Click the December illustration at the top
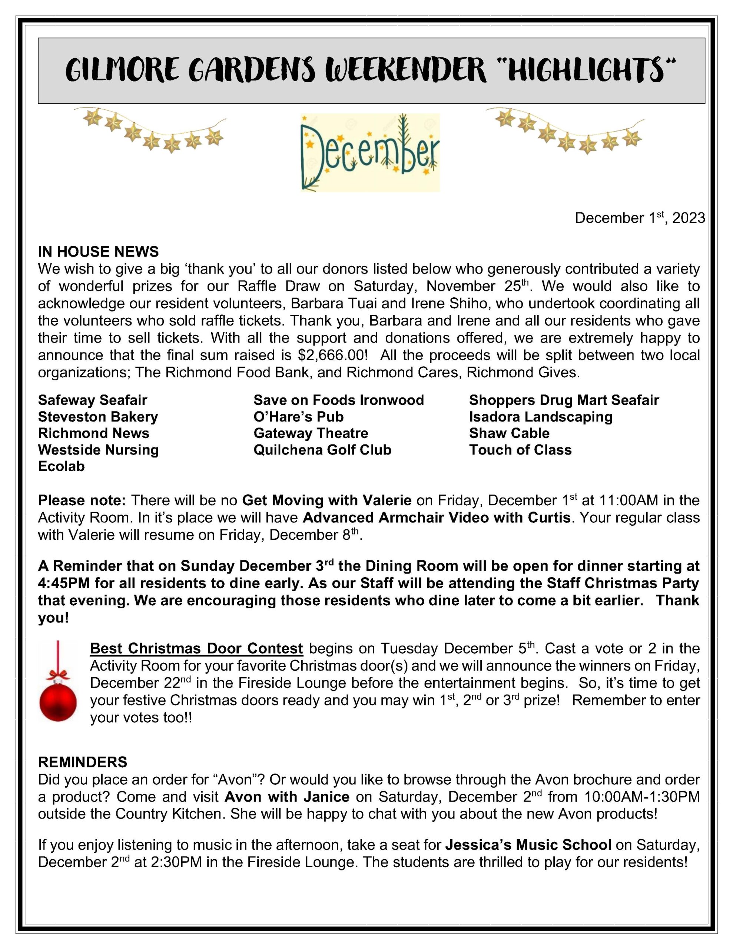[370, 152]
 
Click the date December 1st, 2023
[639, 218]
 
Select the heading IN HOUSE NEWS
[98, 252]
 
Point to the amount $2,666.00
[333, 355]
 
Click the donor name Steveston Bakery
[98, 417]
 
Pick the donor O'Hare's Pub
[299, 417]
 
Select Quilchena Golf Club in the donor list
[322, 450]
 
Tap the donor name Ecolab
[61, 466]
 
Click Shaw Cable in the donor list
[509, 433]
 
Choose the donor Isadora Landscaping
[541, 417]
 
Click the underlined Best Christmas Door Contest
[196, 648]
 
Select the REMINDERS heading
[83, 762]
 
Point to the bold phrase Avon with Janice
[287, 797]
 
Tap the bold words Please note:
[82, 500]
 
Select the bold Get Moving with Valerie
[326, 500]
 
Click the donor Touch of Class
[520, 450]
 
